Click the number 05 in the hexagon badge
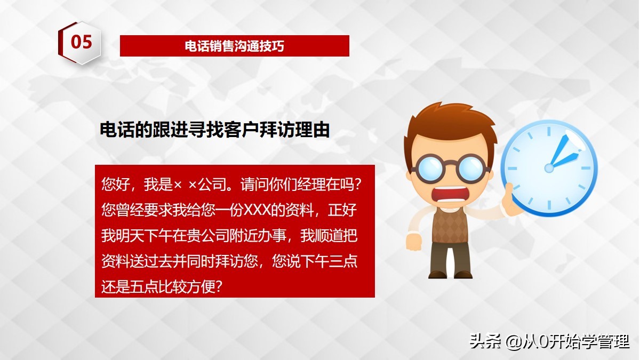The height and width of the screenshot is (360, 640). click(81, 42)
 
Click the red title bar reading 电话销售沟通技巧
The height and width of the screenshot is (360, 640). click(234, 46)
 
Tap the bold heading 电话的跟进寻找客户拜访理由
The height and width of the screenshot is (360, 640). click(214, 130)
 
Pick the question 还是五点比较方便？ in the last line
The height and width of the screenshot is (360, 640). click(162, 286)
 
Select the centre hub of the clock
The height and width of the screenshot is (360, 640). click(549, 168)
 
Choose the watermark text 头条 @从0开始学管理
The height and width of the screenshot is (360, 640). click(549, 341)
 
